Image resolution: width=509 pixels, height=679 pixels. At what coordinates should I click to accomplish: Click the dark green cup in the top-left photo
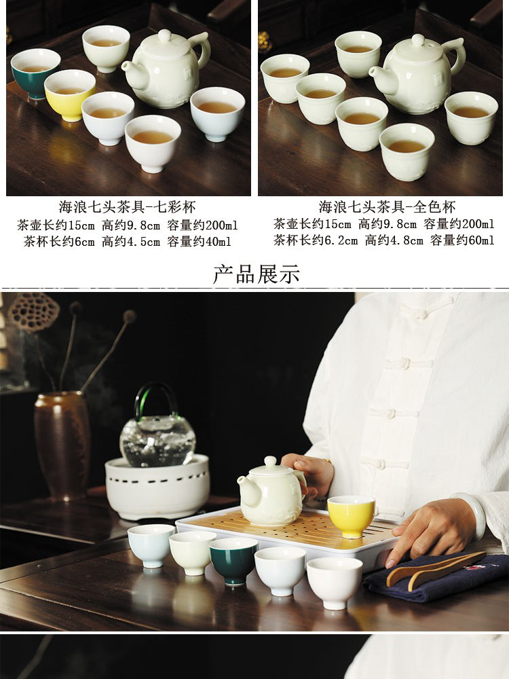pyautogui.click(x=35, y=73)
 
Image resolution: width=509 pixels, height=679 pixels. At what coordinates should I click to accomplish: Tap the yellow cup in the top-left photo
pyautogui.click(x=69, y=95)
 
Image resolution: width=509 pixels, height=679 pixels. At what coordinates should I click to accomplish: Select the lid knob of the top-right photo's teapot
pyautogui.click(x=417, y=40)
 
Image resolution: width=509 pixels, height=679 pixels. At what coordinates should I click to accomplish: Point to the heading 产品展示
pyautogui.click(x=257, y=274)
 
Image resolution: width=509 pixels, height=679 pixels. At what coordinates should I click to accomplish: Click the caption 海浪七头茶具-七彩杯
pyautogui.click(x=128, y=207)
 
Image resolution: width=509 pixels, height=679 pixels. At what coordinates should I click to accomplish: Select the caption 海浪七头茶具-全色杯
pyautogui.click(x=387, y=207)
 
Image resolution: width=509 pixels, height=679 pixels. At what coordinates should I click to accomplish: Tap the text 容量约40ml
pyautogui.click(x=199, y=241)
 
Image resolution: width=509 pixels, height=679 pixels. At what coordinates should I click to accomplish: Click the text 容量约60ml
pyautogui.click(x=461, y=240)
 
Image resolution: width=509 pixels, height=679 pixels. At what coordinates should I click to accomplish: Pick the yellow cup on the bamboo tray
pyautogui.click(x=351, y=516)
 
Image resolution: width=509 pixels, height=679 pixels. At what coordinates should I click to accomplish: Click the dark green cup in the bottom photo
pyautogui.click(x=233, y=561)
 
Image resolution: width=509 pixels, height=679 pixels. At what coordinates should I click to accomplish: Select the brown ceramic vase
pyautogui.click(x=62, y=445)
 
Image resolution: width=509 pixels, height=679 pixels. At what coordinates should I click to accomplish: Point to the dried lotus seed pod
pyautogui.click(x=33, y=312)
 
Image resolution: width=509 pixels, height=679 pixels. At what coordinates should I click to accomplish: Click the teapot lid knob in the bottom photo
pyautogui.click(x=271, y=461)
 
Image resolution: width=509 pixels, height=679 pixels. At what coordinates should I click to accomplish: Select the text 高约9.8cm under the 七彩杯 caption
pyautogui.click(x=131, y=225)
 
